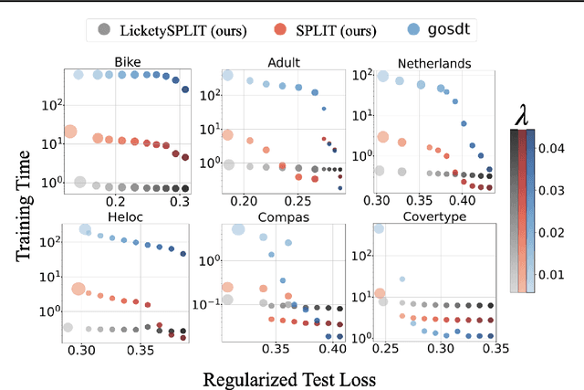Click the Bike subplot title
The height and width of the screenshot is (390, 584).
127,62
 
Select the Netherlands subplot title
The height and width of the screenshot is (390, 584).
433,62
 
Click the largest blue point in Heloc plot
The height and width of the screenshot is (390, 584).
86,230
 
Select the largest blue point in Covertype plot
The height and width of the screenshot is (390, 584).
378,228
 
